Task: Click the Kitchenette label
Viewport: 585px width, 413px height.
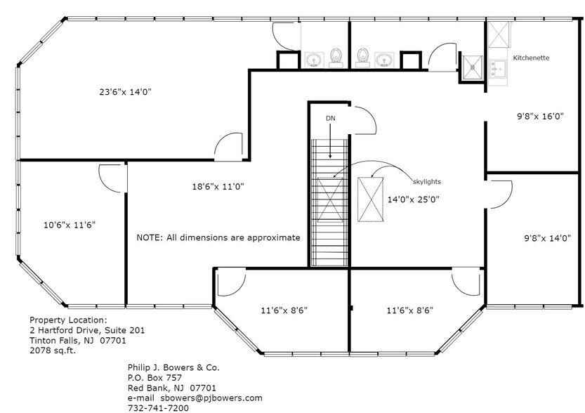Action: point(531,57)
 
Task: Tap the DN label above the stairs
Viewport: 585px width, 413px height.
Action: point(330,118)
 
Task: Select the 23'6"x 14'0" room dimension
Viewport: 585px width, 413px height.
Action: point(125,91)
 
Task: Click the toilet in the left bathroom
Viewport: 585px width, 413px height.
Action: point(336,57)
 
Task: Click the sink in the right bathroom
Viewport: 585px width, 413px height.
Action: point(384,58)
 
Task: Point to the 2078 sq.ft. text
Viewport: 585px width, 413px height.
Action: point(53,350)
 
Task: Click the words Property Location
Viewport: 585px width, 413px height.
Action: point(68,319)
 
